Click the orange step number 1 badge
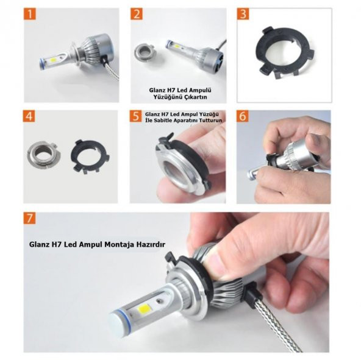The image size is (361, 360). click(30, 14)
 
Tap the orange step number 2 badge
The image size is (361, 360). click(137, 14)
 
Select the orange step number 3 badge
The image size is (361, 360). click(243, 14)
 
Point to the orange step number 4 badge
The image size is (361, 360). click(29, 116)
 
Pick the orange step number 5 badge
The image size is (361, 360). click(135, 116)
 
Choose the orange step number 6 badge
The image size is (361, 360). click(243, 116)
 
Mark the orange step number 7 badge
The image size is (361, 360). click(30, 218)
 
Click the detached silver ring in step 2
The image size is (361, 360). click(145, 51)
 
